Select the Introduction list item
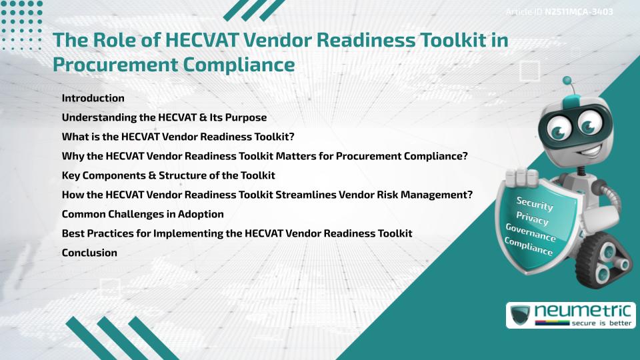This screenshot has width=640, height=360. click(93, 98)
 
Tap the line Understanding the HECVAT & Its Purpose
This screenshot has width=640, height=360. click(164, 117)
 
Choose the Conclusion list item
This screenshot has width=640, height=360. click(89, 253)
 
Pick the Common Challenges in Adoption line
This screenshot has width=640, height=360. click(142, 214)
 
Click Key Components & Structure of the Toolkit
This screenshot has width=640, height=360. click(168, 175)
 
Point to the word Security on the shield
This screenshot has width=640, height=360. click(535, 204)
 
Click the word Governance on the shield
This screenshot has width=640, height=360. click(531, 233)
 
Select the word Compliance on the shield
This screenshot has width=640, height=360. click(529, 247)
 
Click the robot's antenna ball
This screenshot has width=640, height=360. click(567, 81)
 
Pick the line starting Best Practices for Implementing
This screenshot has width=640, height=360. click(237, 233)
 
